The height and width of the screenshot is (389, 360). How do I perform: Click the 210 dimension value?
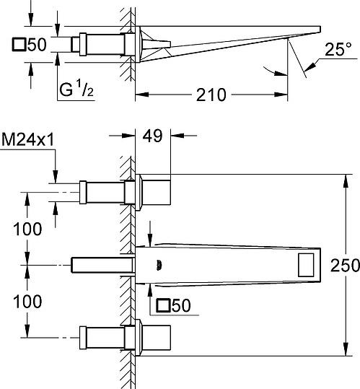(211, 95)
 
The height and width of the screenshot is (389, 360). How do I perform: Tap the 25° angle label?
(338, 49)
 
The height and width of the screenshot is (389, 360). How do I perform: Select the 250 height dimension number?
(345, 265)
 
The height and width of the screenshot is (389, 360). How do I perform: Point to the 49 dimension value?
(152, 136)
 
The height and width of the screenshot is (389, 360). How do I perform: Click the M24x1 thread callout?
(27, 140)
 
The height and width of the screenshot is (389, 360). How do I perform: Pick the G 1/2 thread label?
(76, 89)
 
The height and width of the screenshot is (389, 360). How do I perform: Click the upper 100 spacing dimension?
(27, 229)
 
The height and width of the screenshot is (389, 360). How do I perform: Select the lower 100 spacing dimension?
(27, 302)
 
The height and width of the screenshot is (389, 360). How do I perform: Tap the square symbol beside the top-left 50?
(19, 45)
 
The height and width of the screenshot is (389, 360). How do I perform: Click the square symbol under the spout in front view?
(163, 305)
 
